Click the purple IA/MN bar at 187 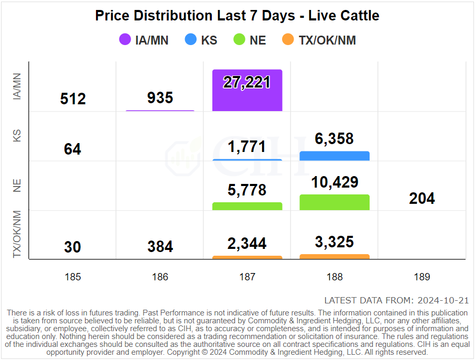tap(247, 90)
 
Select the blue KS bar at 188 tap(334, 156)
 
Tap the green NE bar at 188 tap(334, 202)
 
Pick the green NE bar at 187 tap(247, 206)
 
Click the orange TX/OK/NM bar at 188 tap(334, 257)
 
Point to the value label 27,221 tap(247, 82)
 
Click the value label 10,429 tap(334, 182)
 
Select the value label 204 tap(422, 199)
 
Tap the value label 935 tap(160, 97)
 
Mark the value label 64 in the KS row tap(72, 149)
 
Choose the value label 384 tap(160, 246)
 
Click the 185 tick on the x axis tap(72, 277)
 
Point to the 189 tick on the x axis tap(422, 277)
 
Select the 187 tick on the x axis tap(247, 277)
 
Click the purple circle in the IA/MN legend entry tap(125, 40)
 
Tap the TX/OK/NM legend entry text tap(327, 40)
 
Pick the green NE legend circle tap(239, 40)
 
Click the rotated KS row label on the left tap(17, 136)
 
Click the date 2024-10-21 tap(442, 300)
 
